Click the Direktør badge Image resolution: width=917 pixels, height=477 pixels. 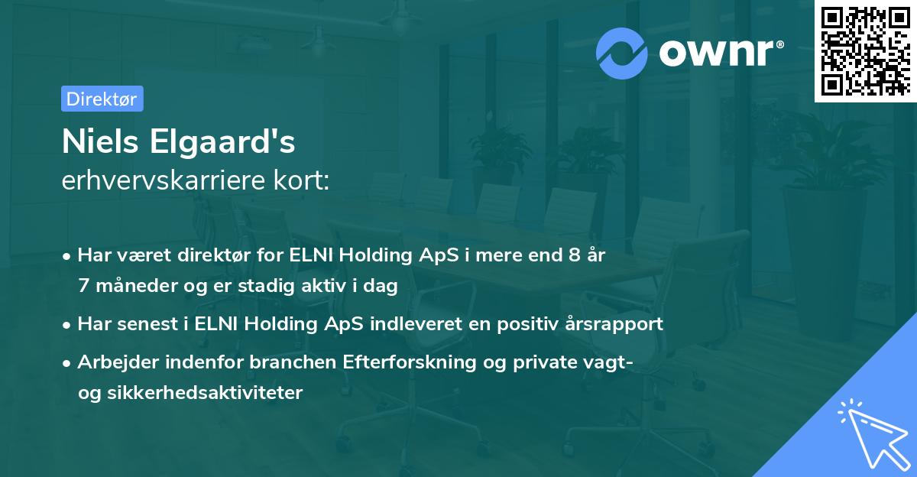[x=102, y=99]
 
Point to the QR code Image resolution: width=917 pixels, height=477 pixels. [x=866, y=50]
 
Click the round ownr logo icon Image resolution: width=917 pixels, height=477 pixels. [x=622, y=54]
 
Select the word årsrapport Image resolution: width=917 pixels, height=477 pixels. [x=618, y=323]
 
